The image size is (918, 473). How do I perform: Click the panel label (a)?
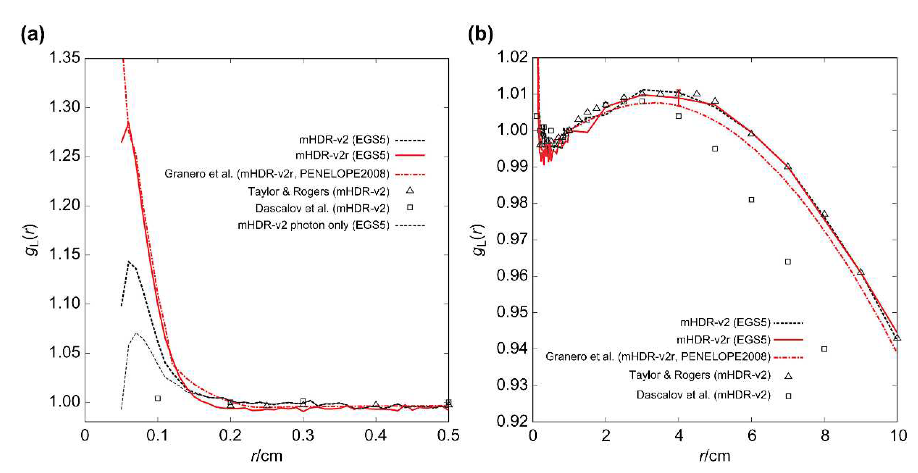pos(33,35)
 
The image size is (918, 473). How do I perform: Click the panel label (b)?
pos(480,35)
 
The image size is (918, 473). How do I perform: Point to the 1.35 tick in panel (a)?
pos(64,58)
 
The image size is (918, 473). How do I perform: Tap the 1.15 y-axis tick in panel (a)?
pos(64,255)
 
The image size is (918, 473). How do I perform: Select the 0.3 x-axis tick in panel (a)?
pos(303,435)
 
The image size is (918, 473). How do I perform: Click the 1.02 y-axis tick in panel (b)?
pos(512,58)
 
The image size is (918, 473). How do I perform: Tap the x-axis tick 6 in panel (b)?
pos(752,435)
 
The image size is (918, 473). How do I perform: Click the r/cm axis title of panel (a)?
pos(266,456)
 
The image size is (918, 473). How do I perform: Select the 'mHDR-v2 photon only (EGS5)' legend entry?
pos(313,225)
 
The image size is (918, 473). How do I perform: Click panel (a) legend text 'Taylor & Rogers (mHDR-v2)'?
pos(319,192)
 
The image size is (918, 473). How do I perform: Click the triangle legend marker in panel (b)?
pos(789,375)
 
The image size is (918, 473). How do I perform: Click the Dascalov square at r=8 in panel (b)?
pos(824,349)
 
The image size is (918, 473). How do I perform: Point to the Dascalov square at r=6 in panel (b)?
pos(752,200)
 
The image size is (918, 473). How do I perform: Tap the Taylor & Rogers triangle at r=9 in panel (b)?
pos(861,272)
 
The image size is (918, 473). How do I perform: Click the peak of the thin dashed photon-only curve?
pos(136,333)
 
